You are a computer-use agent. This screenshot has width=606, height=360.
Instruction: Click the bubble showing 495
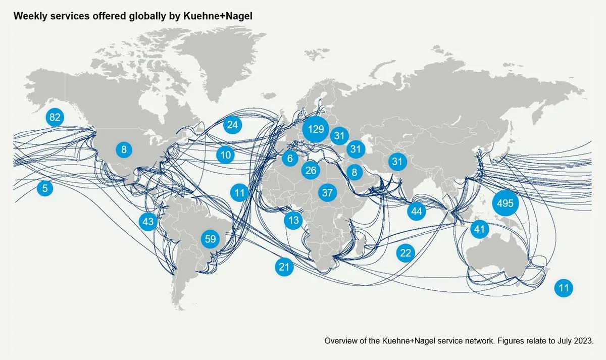click(x=505, y=203)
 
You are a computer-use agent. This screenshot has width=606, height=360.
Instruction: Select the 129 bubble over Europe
click(x=316, y=130)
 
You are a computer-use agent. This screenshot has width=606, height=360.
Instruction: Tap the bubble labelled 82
click(x=55, y=118)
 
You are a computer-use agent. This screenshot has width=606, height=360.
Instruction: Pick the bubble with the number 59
click(x=210, y=239)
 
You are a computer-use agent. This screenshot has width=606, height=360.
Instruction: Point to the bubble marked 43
click(x=148, y=221)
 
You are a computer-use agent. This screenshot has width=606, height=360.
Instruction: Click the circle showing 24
click(x=232, y=125)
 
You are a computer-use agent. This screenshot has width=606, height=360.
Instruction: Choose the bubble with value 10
click(x=226, y=155)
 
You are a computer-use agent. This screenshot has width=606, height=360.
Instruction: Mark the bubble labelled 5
click(x=45, y=189)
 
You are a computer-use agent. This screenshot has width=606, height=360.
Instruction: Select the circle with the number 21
click(x=284, y=267)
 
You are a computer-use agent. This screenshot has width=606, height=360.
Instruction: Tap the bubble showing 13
click(x=293, y=220)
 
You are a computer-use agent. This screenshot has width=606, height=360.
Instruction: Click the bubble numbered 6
click(x=290, y=159)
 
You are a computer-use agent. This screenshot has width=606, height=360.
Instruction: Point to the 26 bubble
click(x=311, y=171)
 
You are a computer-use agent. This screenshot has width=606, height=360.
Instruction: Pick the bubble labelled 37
click(x=327, y=192)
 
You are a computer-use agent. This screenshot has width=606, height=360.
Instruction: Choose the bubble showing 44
click(x=416, y=211)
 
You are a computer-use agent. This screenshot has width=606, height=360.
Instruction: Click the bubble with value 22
click(x=406, y=253)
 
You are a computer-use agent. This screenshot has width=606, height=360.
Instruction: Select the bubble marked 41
click(x=479, y=230)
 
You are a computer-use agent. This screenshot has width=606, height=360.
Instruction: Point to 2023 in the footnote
click(x=584, y=341)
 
